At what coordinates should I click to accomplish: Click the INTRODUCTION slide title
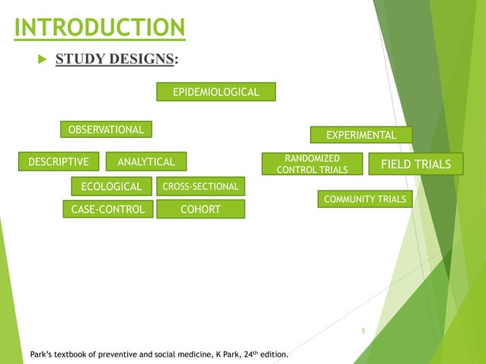[100, 28]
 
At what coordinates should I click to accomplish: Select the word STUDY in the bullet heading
[77, 59]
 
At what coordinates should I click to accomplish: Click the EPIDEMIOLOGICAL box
[216, 92]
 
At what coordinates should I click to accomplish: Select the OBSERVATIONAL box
[107, 129]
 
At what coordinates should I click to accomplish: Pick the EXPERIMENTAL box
[360, 135]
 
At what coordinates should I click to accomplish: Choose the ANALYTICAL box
[145, 161]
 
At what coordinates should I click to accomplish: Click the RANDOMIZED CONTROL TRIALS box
[312, 164]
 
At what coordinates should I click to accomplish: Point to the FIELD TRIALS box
[415, 164]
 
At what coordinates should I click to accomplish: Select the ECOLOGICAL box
[111, 187]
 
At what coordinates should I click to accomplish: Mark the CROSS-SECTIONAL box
[200, 187]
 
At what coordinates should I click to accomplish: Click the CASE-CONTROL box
[107, 209]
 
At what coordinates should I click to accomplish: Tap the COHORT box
[200, 209]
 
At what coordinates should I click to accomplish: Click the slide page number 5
[363, 330]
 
